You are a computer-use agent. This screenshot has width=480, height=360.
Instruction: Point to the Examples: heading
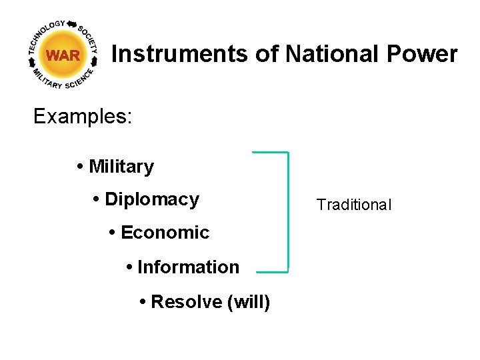83,117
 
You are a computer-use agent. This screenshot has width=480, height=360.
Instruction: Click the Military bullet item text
121,167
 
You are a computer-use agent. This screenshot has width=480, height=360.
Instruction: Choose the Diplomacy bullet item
152,199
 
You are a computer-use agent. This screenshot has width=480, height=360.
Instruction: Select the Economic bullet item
165,233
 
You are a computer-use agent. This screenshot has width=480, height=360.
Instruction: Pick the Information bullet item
188,267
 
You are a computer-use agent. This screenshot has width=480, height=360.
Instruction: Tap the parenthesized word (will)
249,302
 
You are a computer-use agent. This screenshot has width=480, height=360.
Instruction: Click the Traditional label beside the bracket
354,205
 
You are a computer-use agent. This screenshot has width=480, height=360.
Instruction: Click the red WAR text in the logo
63,56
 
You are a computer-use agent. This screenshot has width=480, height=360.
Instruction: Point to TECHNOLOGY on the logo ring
44,34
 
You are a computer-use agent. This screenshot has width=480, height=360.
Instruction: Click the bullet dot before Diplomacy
97,199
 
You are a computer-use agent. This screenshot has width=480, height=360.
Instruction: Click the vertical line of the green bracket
288,212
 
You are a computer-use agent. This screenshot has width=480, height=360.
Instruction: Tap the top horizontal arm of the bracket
270,153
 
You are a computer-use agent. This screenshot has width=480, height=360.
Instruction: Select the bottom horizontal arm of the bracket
272,271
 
